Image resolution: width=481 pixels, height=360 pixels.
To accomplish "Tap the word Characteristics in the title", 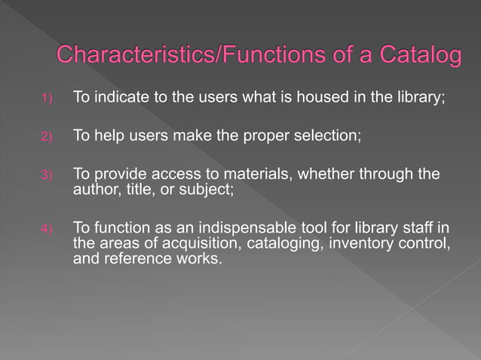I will [x=128, y=56].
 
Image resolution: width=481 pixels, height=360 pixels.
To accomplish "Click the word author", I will [x=93, y=188].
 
